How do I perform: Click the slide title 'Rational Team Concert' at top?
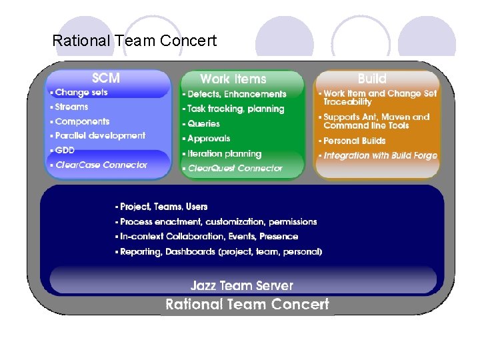point(134,41)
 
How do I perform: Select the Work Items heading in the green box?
point(233,79)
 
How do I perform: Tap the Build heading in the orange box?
point(371,79)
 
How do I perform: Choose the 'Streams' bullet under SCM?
point(71,107)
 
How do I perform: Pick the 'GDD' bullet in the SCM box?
point(65,150)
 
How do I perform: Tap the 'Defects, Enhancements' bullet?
point(237,95)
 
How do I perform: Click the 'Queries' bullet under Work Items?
point(203,123)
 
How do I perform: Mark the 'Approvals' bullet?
point(209,139)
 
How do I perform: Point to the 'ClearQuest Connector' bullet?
point(235,169)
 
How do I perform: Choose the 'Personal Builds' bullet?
point(355,141)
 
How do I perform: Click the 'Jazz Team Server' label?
point(241,286)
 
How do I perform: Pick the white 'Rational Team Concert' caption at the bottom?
point(247,305)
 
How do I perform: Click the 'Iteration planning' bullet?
point(224,153)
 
